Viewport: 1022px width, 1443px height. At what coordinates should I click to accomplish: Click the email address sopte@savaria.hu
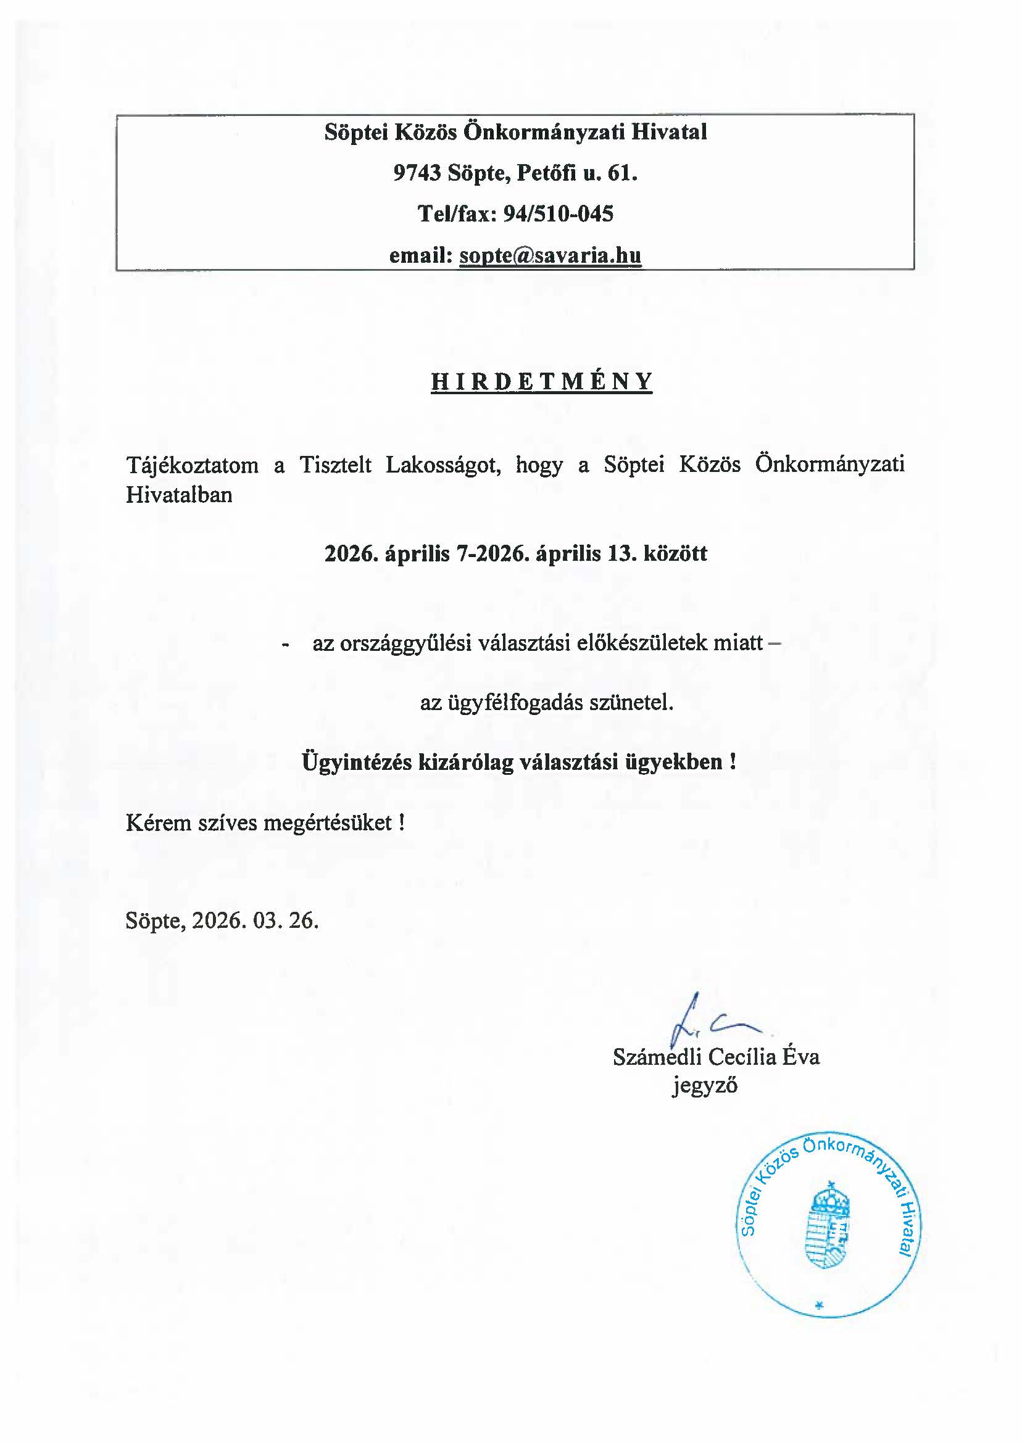[x=550, y=255]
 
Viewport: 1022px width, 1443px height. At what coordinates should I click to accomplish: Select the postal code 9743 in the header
[x=417, y=172]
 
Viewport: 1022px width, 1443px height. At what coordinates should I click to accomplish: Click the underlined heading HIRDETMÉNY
[x=541, y=382]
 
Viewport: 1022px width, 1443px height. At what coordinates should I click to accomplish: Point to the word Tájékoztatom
[x=192, y=466]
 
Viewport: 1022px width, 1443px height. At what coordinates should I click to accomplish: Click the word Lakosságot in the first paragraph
[x=443, y=466]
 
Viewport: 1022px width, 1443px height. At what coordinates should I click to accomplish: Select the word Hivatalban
[x=180, y=494]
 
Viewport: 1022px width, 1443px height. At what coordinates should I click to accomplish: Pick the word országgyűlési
[x=405, y=643]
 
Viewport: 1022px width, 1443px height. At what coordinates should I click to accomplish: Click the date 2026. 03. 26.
[x=255, y=921]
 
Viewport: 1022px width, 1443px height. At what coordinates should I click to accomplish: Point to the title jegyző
[x=704, y=1086]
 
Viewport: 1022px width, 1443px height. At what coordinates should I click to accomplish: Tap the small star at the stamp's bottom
[x=819, y=1306]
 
